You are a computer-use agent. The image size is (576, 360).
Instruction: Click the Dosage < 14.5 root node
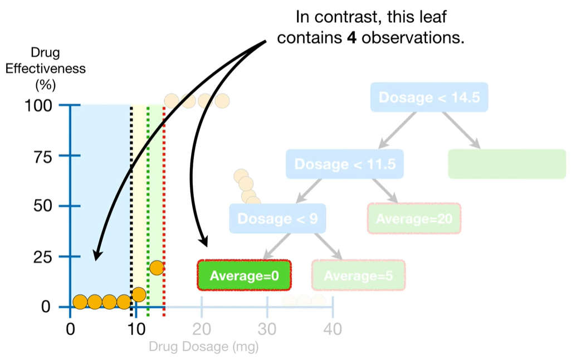pos(429,98)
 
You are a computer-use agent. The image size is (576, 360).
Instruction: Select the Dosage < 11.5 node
pos(345,164)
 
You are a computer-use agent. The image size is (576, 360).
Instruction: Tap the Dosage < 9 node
pos(277,218)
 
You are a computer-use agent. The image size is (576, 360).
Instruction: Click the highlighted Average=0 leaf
pos(244,275)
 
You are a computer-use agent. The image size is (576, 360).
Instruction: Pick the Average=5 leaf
pos(358,275)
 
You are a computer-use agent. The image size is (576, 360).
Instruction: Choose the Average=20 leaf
pos(414,218)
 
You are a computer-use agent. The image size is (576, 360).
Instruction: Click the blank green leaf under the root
pos(507,164)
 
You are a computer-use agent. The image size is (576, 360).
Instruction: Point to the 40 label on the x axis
pos(333,329)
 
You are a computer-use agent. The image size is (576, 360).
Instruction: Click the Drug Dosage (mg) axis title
pos(204,347)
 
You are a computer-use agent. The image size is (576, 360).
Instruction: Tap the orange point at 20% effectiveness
pos(157,267)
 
